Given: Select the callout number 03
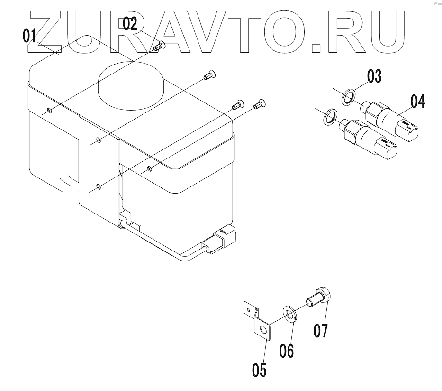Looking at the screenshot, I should point(374,77).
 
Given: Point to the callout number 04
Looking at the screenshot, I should point(418,101).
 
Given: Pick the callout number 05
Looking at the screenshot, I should point(259,370).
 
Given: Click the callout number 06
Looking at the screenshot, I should point(287,351).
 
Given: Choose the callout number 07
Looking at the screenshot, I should point(321,330).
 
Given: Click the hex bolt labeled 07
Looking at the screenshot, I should point(319,297).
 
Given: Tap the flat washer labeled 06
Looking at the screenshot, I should point(290,314).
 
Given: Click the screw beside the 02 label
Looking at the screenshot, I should point(160,46).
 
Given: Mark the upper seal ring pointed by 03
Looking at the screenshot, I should point(348,97).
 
